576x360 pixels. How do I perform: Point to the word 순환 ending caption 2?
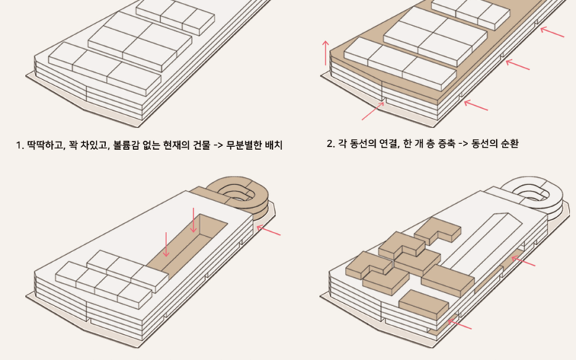tap(510, 144)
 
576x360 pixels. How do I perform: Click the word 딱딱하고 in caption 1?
tap(42, 145)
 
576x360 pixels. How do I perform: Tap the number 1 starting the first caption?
tap(19, 145)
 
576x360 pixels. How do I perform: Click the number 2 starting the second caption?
tap(329, 144)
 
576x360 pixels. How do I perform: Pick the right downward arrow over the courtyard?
tap(194, 220)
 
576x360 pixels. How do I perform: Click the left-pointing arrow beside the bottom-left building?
tap(269, 230)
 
